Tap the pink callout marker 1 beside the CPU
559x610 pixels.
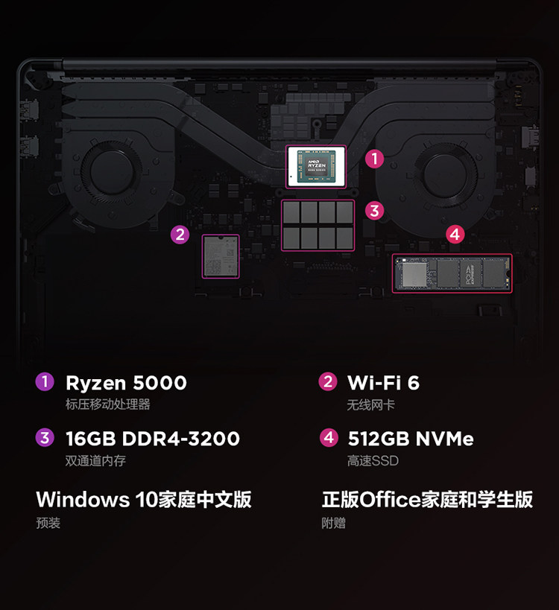tap(375, 158)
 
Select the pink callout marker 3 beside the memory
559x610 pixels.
tap(374, 211)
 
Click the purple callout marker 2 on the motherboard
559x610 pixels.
tap(180, 235)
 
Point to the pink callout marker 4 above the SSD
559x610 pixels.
tap(455, 234)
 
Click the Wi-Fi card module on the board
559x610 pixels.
tap(221, 257)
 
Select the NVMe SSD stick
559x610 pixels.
tap(452, 273)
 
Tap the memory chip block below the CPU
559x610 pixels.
tap(318, 223)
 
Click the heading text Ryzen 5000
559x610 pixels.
tap(126, 383)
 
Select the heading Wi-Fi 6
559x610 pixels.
tap(383, 383)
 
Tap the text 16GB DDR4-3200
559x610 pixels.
tap(153, 439)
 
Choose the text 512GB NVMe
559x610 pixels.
tap(411, 439)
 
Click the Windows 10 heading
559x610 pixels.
tap(144, 499)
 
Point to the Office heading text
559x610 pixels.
tap(427, 499)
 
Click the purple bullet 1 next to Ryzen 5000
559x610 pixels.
tap(45, 382)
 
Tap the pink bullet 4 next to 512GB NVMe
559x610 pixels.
tap(329, 438)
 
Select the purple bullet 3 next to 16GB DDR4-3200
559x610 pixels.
tap(45, 438)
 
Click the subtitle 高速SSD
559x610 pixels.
tap(373, 461)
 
